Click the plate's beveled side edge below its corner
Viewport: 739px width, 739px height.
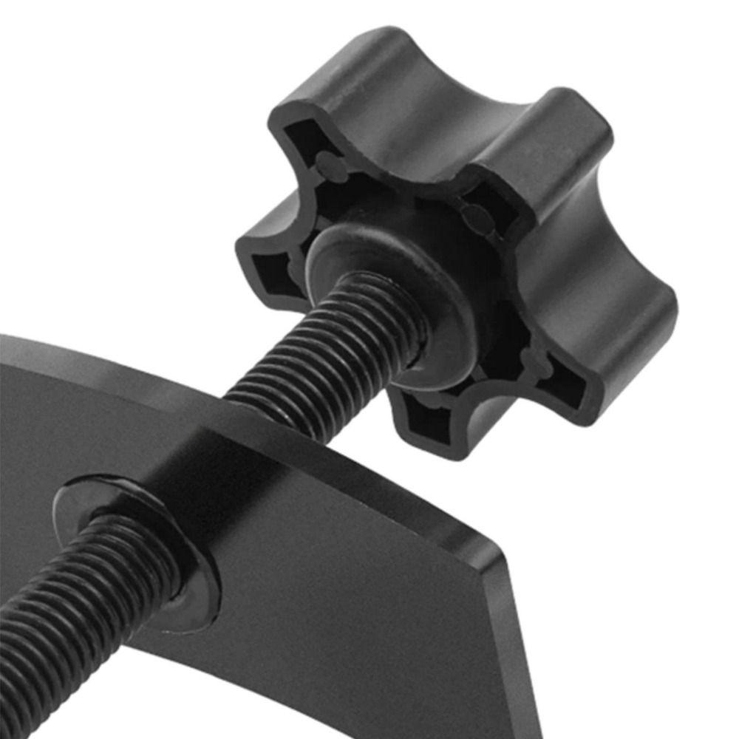(517, 650)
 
